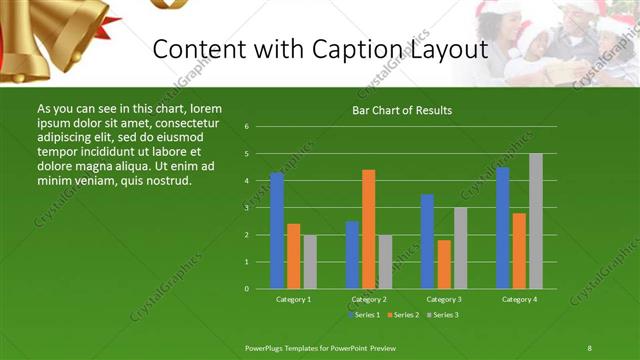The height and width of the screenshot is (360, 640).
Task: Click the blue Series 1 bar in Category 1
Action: click(x=277, y=230)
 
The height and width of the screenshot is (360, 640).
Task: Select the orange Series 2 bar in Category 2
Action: click(x=368, y=229)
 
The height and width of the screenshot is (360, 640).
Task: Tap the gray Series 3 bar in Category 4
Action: click(x=535, y=221)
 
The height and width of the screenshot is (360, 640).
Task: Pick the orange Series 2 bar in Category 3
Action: click(x=443, y=264)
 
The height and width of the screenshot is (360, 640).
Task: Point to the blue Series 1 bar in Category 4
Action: click(x=502, y=227)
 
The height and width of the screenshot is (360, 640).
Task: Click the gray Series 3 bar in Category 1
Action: click(x=310, y=261)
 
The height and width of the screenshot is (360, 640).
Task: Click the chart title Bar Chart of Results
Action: click(x=402, y=111)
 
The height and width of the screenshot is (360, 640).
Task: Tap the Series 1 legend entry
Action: click(x=364, y=315)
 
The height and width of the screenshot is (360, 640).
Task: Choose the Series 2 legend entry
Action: click(x=402, y=315)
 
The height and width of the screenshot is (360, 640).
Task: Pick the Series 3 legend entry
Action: click(x=441, y=315)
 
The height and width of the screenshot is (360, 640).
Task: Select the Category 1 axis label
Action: click(x=293, y=299)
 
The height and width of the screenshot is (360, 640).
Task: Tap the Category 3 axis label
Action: click(x=443, y=299)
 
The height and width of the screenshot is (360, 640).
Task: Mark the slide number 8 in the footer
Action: click(x=589, y=348)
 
